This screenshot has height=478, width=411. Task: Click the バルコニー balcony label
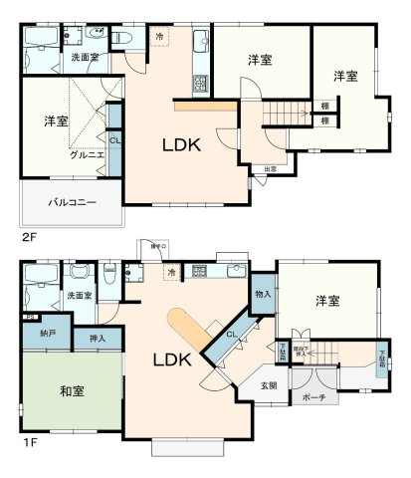coord(73,202)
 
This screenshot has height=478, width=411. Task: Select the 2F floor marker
coord(28,238)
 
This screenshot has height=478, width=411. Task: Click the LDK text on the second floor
coord(182,145)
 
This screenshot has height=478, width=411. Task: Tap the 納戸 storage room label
coord(47,334)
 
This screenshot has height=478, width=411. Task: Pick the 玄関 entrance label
coord(270,385)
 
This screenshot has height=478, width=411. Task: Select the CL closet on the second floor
coord(114,140)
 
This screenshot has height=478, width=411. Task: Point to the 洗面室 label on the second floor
coord(84,58)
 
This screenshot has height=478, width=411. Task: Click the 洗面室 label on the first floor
coord(80,296)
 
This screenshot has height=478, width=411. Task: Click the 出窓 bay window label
coord(270,169)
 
